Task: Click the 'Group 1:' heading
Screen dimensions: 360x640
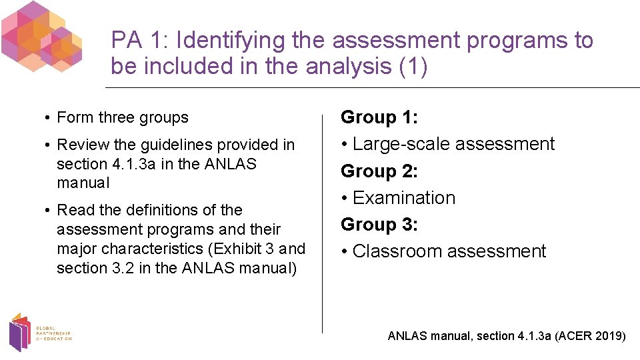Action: click(x=379, y=117)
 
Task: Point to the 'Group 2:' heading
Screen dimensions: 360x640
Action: click(x=379, y=171)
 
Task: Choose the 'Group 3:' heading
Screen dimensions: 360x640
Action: click(x=379, y=225)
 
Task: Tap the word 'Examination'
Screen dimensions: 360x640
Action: click(x=404, y=198)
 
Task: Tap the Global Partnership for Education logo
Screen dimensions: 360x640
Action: click(x=38, y=333)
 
